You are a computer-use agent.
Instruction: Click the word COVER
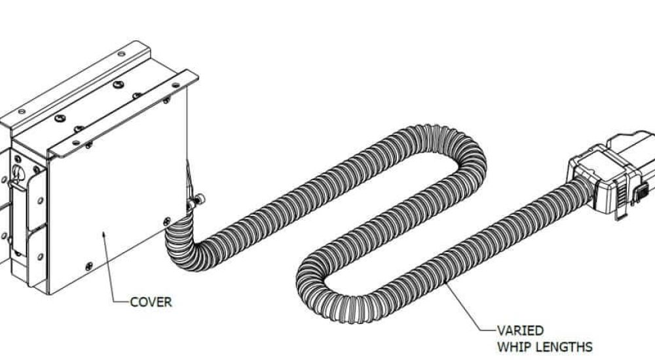(151, 302)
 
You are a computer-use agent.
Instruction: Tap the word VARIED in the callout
(520, 331)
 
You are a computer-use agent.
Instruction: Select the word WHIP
(514, 347)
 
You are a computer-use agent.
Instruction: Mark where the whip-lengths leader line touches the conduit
(445, 283)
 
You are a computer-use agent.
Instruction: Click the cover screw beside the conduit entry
(166, 221)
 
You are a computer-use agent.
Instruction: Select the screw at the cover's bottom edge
(89, 266)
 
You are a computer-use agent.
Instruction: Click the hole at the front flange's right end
(176, 85)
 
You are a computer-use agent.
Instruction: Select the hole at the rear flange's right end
(121, 54)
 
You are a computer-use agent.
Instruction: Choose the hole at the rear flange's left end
(21, 111)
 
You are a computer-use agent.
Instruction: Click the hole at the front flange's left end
(76, 143)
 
